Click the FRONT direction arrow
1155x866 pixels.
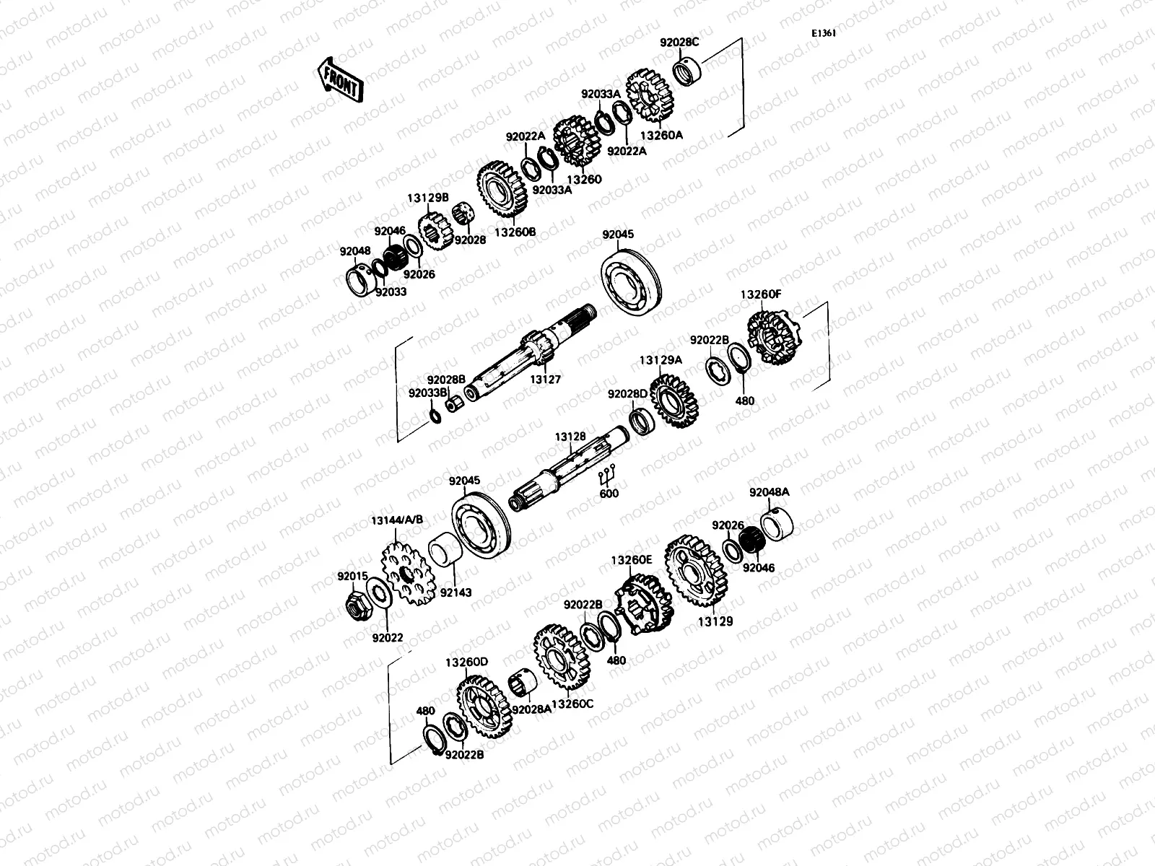pos(339,79)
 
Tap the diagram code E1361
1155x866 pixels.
pos(823,32)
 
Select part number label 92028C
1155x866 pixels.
pos(679,42)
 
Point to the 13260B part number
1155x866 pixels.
pos(515,232)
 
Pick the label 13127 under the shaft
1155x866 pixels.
pos(545,378)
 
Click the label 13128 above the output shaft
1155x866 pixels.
pos(570,437)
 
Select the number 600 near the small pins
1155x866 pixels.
pos(609,494)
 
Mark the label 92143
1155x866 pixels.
pos(456,592)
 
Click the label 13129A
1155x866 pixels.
pos(660,359)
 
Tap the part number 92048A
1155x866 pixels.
pos(769,491)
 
